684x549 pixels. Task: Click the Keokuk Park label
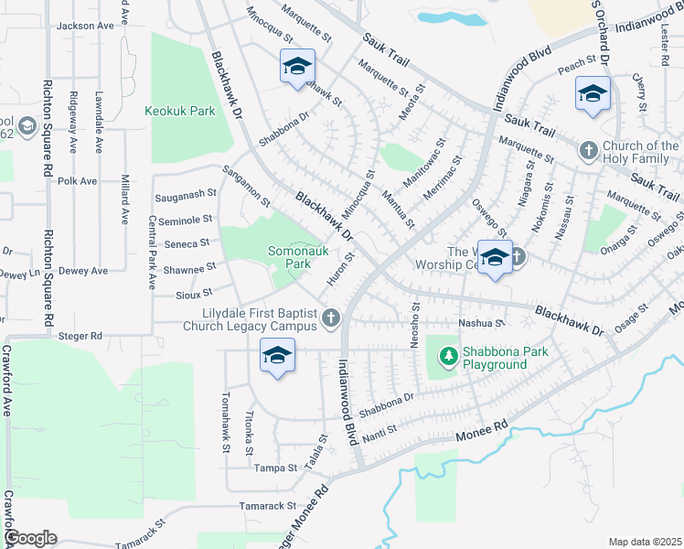(x=179, y=112)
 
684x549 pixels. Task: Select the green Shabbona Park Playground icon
(x=448, y=355)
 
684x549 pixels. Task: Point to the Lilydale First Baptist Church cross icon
(x=331, y=318)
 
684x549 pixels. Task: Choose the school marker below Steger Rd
(x=277, y=355)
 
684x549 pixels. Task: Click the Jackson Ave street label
(x=82, y=27)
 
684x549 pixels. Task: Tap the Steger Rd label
(x=83, y=336)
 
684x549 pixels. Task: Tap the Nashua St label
(x=486, y=322)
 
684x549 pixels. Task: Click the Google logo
(x=30, y=538)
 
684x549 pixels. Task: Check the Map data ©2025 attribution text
(x=644, y=542)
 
